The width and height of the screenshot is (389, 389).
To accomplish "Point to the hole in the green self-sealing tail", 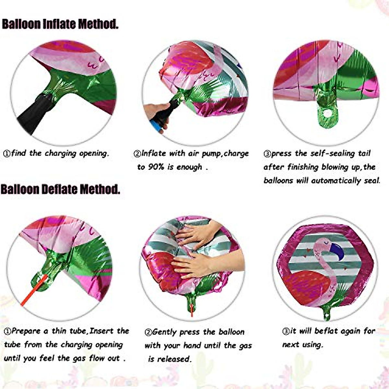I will click(327, 113).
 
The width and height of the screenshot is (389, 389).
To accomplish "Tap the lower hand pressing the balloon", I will click(194, 264).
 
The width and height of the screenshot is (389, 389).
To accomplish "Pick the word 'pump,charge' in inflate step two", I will click(225, 154).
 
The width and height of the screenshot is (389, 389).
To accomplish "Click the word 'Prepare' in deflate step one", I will click(26, 331).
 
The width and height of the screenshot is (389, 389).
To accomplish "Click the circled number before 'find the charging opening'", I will click(6, 154).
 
